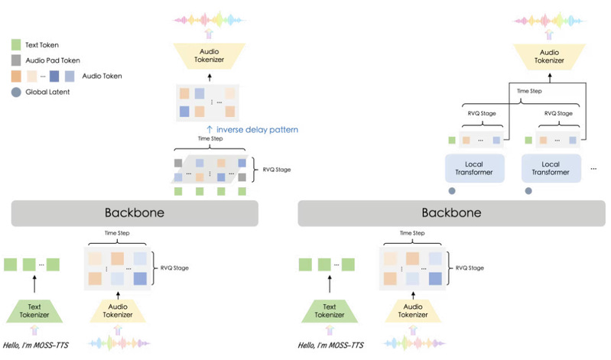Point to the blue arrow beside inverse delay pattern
coord(210,130)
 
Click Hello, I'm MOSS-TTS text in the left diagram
coord(36,345)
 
